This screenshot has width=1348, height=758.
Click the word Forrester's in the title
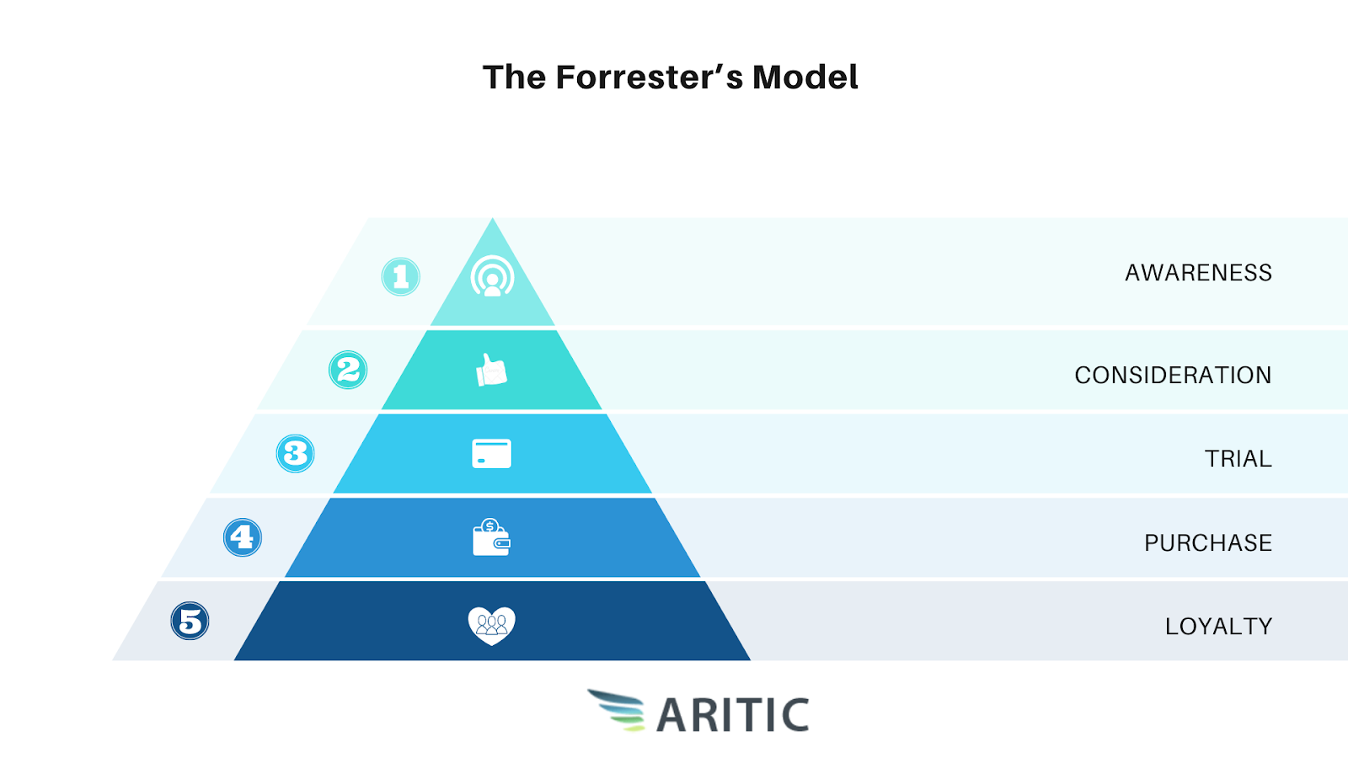click(650, 77)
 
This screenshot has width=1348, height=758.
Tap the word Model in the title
click(805, 77)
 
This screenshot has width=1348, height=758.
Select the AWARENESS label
click(1198, 273)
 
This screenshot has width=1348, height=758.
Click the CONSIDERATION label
click(1173, 376)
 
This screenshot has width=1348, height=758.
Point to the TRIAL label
click(1238, 459)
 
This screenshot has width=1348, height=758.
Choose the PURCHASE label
click(1208, 542)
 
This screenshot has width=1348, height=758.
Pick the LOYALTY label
click(1218, 627)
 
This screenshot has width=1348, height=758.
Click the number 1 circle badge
click(401, 277)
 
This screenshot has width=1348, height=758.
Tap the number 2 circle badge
click(348, 370)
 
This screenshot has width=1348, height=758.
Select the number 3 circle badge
click(295, 454)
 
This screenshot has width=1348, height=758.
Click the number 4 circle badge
click(243, 537)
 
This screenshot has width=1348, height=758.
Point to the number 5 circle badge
click(190, 621)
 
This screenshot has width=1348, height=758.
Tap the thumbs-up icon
click(492, 370)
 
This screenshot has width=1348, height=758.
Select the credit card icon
click(492, 454)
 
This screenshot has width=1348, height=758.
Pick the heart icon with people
click(492, 626)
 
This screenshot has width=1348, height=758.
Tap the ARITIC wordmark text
click(733, 715)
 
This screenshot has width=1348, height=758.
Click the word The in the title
click(515, 77)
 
